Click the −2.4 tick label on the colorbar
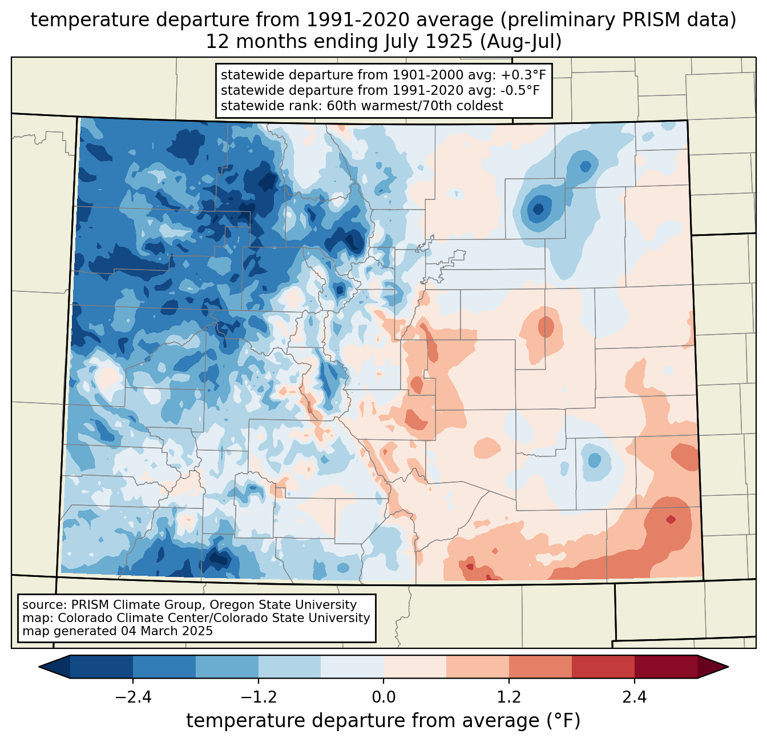pyautogui.click(x=132, y=697)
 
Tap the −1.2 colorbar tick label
pyautogui.click(x=258, y=697)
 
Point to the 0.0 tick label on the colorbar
pyautogui.click(x=383, y=697)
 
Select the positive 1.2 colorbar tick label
pyautogui.click(x=509, y=697)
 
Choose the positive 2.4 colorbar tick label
pyautogui.click(x=634, y=697)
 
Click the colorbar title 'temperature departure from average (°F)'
pyautogui.click(x=383, y=721)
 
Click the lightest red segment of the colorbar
pyautogui.click(x=415, y=667)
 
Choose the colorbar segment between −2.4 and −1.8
pyautogui.click(x=164, y=667)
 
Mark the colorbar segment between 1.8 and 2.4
pyautogui.click(x=603, y=667)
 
